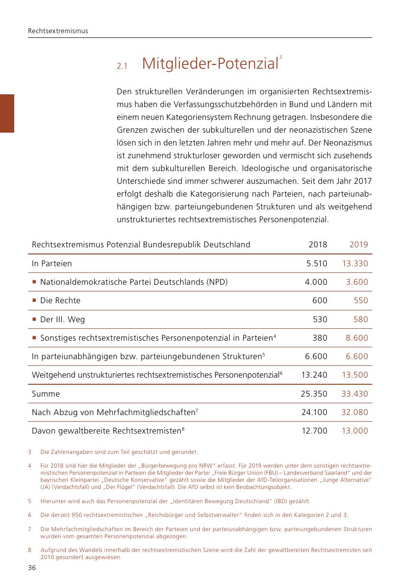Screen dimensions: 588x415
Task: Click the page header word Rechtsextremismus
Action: pos(58,31)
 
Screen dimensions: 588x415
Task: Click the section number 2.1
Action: pos(122,67)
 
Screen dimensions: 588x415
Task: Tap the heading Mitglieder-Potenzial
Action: pos(210,63)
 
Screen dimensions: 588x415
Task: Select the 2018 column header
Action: pos(318,245)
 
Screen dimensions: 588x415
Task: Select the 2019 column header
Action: pos(359,245)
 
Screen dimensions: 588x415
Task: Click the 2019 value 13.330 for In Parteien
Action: pos(355,263)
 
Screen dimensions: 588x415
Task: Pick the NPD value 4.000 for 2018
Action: pos(316,282)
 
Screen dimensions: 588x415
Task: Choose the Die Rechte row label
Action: pos(60,300)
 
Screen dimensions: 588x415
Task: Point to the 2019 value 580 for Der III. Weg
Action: pos(360,319)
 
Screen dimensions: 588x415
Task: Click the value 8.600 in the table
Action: pos(357,338)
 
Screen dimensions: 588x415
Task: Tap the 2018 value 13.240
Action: pos(314,375)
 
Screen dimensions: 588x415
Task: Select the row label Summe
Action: pos(46,394)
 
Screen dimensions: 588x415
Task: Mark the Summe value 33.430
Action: pos(355,394)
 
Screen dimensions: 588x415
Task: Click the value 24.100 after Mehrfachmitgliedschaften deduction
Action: pos(314,412)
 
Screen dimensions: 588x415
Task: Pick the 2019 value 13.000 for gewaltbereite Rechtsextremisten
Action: pos(355,431)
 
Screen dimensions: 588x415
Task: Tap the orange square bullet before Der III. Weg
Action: pos(35,320)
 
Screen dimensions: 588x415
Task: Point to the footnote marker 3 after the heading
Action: pos(281,57)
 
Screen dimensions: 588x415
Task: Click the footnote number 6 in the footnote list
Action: pos(29,515)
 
